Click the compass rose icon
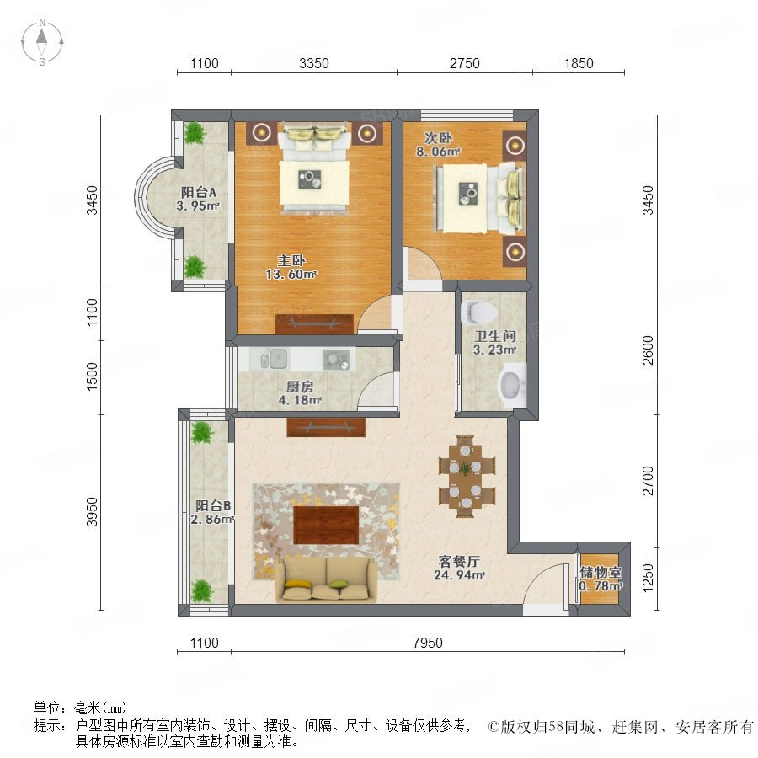42,42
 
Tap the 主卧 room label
291,260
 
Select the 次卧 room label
438,138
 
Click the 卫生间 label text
494,336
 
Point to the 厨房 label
300,387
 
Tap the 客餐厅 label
459,561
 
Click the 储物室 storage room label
601,573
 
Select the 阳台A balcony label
198,192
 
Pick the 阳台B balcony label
213,505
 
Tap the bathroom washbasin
511,385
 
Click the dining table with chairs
467,477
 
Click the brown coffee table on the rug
326,525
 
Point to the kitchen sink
274,359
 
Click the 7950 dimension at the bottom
428,643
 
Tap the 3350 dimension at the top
314,63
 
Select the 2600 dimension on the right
648,350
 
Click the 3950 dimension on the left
91,512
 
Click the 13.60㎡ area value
291,274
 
